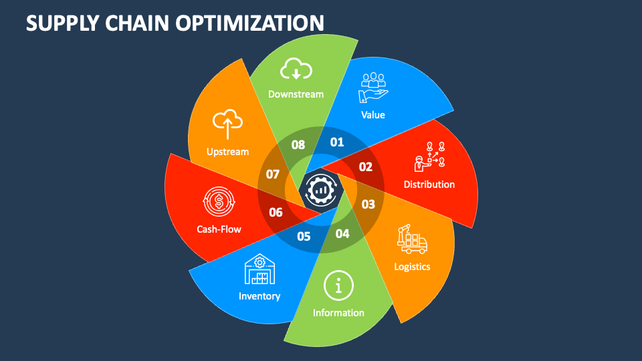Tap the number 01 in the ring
pyautogui.click(x=337, y=142)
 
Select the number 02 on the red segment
pyautogui.click(x=365, y=167)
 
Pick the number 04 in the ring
pyautogui.click(x=342, y=234)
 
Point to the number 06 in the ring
pyautogui.click(x=276, y=213)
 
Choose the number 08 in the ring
pyautogui.click(x=298, y=144)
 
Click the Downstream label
pyautogui.click(x=296, y=94)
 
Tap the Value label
pyautogui.click(x=373, y=115)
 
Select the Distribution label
pyautogui.click(x=429, y=185)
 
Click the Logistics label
pyautogui.click(x=412, y=267)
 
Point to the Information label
pyautogui.click(x=338, y=312)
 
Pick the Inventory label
pyautogui.click(x=259, y=295)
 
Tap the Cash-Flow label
pyautogui.click(x=219, y=229)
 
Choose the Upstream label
pyautogui.click(x=227, y=152)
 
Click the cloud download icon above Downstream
pyautogui.click(x=296, y=70)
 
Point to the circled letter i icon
pyautogui.click(x=338, y=286)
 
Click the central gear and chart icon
pyautogui.click(x=321, y=190)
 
